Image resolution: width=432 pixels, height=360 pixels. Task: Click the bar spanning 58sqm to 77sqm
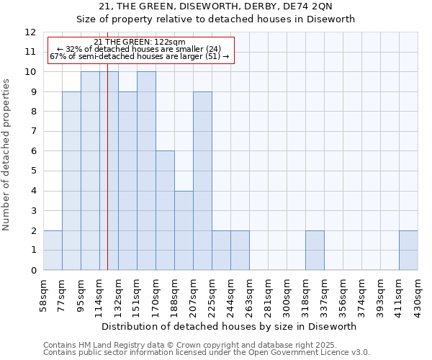pos(53,251)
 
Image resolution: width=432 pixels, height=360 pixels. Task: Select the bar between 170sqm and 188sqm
pos(165,210)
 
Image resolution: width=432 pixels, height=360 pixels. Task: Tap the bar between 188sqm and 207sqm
pos(184,230)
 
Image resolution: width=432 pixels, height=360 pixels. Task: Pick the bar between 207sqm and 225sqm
pos(202,181)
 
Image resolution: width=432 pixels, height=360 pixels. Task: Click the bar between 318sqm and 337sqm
pos(315,251)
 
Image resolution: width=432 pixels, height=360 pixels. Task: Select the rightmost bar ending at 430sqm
pos(408,251)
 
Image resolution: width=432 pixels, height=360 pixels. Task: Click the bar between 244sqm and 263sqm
pos(240,251)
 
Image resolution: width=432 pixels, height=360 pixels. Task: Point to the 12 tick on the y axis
pos(30,32)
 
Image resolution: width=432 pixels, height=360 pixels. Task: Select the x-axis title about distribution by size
pos(230,327)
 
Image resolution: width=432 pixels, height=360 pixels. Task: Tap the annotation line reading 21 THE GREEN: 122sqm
pos(140,42)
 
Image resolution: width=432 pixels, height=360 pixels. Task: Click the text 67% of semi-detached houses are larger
pos(140,56)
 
